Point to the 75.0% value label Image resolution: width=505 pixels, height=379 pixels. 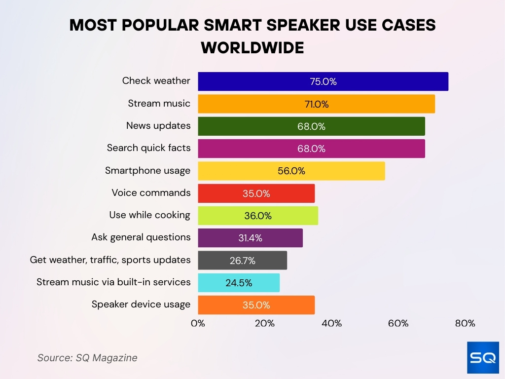(x=323, y=82)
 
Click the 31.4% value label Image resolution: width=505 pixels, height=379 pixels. (x=250, y=238)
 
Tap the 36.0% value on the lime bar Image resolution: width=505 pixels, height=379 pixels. (x=258, y=216)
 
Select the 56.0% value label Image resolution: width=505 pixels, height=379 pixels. (x=291, y=171)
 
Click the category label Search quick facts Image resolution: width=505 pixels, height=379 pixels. (x=148, y=148)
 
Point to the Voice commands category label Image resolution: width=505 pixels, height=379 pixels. (x=151, y=192)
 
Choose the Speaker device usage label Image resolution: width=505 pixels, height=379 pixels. (x=141, y=304)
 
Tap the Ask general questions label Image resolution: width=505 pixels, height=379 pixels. (x=141, y=237)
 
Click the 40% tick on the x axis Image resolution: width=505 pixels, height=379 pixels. (x=331, y=324)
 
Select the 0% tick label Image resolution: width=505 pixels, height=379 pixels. (x=198, y=324)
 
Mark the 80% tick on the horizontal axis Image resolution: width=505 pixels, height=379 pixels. (x=465, y=324)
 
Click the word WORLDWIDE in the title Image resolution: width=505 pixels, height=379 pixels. (x=252, y=48)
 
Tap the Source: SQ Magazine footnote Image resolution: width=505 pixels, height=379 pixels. (x=87, y=358)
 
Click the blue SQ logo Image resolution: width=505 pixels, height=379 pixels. (x=483, y=357)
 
